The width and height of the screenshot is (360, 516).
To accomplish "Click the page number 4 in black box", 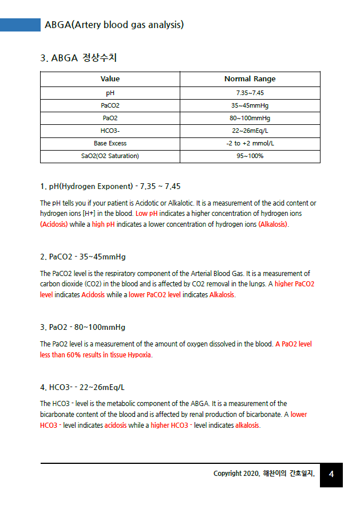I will point(331,474).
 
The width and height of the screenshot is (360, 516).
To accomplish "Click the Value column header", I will point(110,79).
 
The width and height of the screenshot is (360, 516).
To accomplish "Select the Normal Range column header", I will point(250,79).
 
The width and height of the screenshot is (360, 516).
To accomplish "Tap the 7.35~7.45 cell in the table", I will point(250,93).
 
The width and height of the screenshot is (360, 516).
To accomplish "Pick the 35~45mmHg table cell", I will point(250,105).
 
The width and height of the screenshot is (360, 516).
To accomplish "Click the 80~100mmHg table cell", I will point(250,118).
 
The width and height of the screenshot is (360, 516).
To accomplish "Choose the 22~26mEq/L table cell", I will point(250,131).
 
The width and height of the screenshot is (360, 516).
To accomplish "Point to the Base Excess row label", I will point(110,143).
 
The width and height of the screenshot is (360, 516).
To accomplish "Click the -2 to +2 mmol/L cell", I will point(250,143).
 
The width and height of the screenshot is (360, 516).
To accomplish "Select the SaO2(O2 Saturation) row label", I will point(110,156).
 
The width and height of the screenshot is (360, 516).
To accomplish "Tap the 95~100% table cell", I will point(250,156).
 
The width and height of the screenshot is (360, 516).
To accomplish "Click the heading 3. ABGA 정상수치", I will point(79,58).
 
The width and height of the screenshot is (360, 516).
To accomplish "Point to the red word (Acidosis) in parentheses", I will point(54,224).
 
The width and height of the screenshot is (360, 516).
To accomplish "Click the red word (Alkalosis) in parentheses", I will point(273,224).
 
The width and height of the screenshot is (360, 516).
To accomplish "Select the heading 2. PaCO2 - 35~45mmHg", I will point(83,257).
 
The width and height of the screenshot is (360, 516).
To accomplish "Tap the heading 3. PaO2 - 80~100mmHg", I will point(83,327).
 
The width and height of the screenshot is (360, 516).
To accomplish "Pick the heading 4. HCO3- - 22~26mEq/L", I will point(82,387).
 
